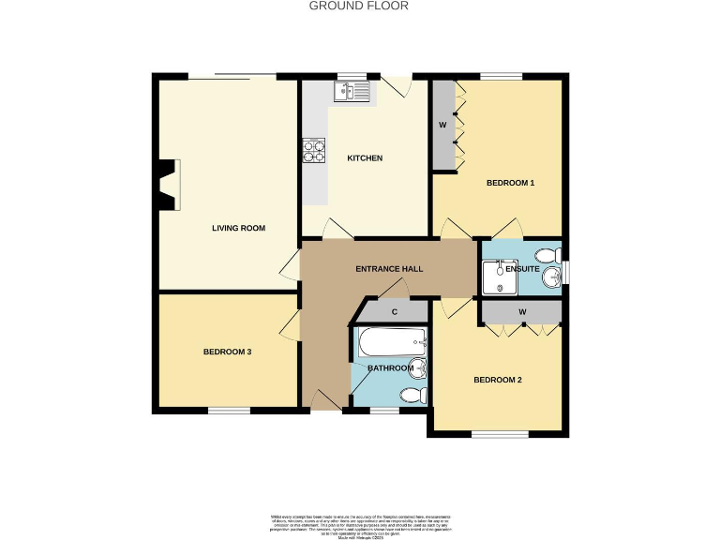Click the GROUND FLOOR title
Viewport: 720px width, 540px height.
coord(359,6)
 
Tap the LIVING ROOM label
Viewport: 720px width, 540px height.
coord(238,228)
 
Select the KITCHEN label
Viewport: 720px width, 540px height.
coord(365,158)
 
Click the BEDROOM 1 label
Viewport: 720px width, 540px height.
coord(509,183)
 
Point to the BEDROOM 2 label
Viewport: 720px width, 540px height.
coord(497,380)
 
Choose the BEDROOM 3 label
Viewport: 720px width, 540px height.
coord(227,352)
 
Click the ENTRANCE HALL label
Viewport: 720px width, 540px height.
coord(389,269)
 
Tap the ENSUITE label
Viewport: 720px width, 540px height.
coord(522,269)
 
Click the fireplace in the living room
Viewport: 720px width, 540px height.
coord(167,185)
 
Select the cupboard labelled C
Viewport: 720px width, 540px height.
coord(395,312)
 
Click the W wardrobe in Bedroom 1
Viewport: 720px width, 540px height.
coord(442,125)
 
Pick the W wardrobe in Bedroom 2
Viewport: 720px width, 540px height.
coord(521,311)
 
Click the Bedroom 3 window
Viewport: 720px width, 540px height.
coord(229,410)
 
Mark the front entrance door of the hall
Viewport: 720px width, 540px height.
coord(325,403)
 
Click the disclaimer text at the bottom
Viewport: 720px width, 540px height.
coord(360,523)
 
